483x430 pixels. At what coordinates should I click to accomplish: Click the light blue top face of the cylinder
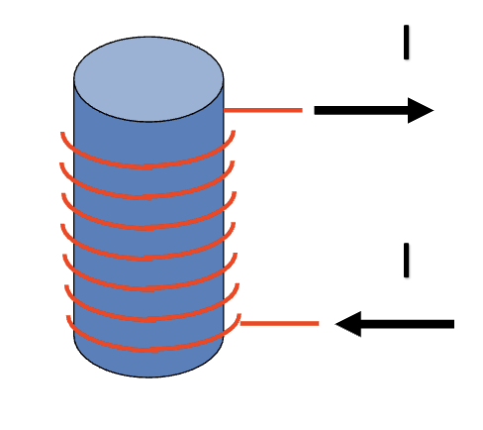pos(148,78)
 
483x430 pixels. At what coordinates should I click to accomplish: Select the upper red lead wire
pos(263,110)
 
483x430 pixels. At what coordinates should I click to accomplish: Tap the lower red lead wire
pos(279,323)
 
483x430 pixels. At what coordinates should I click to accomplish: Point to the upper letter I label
pos(406,43)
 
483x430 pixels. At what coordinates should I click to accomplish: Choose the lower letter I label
pos(406,259)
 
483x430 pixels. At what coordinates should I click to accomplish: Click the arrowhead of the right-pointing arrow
pos(420,110)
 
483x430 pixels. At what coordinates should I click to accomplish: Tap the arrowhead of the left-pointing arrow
pos(348,323)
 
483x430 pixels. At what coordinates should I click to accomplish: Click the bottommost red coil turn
pos(148,349)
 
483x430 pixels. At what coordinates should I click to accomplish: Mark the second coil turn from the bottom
pos(148,319)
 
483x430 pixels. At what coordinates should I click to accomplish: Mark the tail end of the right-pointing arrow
pos(317,110)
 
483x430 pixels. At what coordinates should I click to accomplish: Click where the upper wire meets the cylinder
pos(226,110)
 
